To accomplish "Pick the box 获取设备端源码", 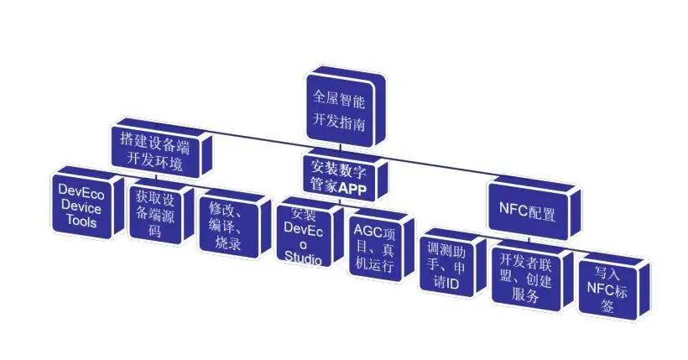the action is tap(154, 214).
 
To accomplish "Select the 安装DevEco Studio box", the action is tap(303, 234).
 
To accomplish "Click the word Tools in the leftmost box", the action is tap(83, 222).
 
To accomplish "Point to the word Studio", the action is tap(303, 259).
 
